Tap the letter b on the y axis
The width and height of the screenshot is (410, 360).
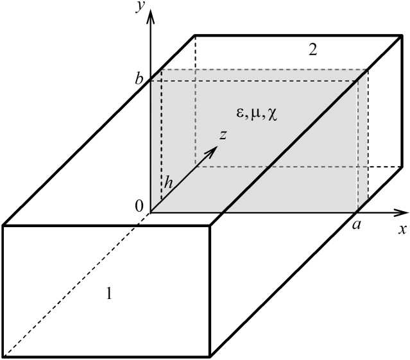139,80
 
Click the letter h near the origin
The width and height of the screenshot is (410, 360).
169,183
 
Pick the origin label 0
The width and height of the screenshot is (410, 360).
139,207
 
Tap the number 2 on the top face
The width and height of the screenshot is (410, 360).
312,50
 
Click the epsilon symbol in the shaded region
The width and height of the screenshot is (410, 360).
240,114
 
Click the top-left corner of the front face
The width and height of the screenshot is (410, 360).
3,225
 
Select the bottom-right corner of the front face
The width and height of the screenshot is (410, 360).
211,357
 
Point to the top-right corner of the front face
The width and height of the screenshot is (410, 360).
211,225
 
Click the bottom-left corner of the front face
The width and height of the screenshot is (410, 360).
3,357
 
